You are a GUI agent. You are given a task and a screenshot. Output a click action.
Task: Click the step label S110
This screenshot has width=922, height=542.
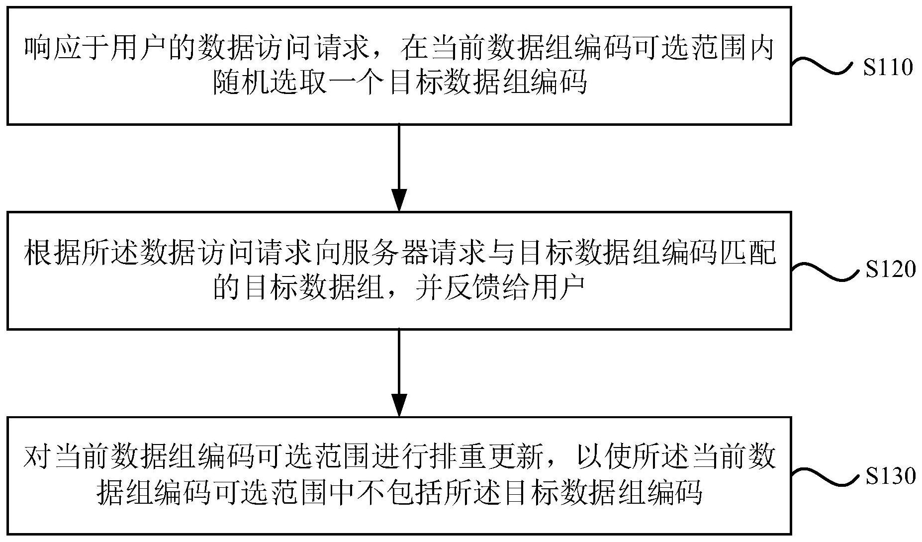889,68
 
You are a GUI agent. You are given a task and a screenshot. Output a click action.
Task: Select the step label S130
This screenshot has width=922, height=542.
890,476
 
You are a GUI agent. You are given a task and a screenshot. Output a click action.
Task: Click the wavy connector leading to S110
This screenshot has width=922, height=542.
825,67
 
